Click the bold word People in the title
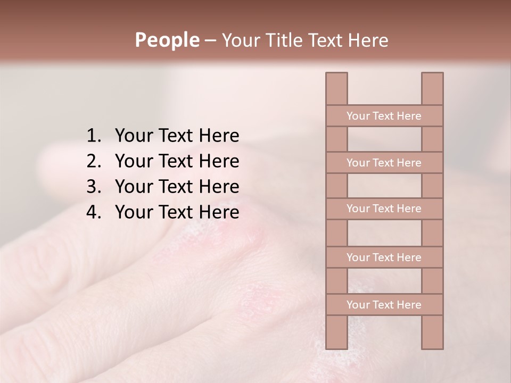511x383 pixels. click(x=167, y=40)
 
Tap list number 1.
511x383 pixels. click(x=93, y=136)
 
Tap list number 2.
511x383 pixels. click(x=93, y=162)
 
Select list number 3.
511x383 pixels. click(x=93, y=187)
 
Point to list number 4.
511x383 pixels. click(x=93, y=213)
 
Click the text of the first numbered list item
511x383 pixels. click(x=177, y=136)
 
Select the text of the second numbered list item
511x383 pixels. click(x=177, y=162)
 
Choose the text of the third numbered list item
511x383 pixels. click(x=177, y=187)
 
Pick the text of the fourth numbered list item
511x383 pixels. click(x=177, y=213)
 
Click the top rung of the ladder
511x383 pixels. click(x=384, y=116)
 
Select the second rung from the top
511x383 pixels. click(x=384, y=163)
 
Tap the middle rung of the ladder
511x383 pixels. click(x=384, y=209)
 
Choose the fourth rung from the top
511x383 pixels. click(x=384, y=257)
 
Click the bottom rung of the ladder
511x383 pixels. click(x=384, y=305)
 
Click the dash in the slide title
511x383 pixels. click(x=210, y=40)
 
